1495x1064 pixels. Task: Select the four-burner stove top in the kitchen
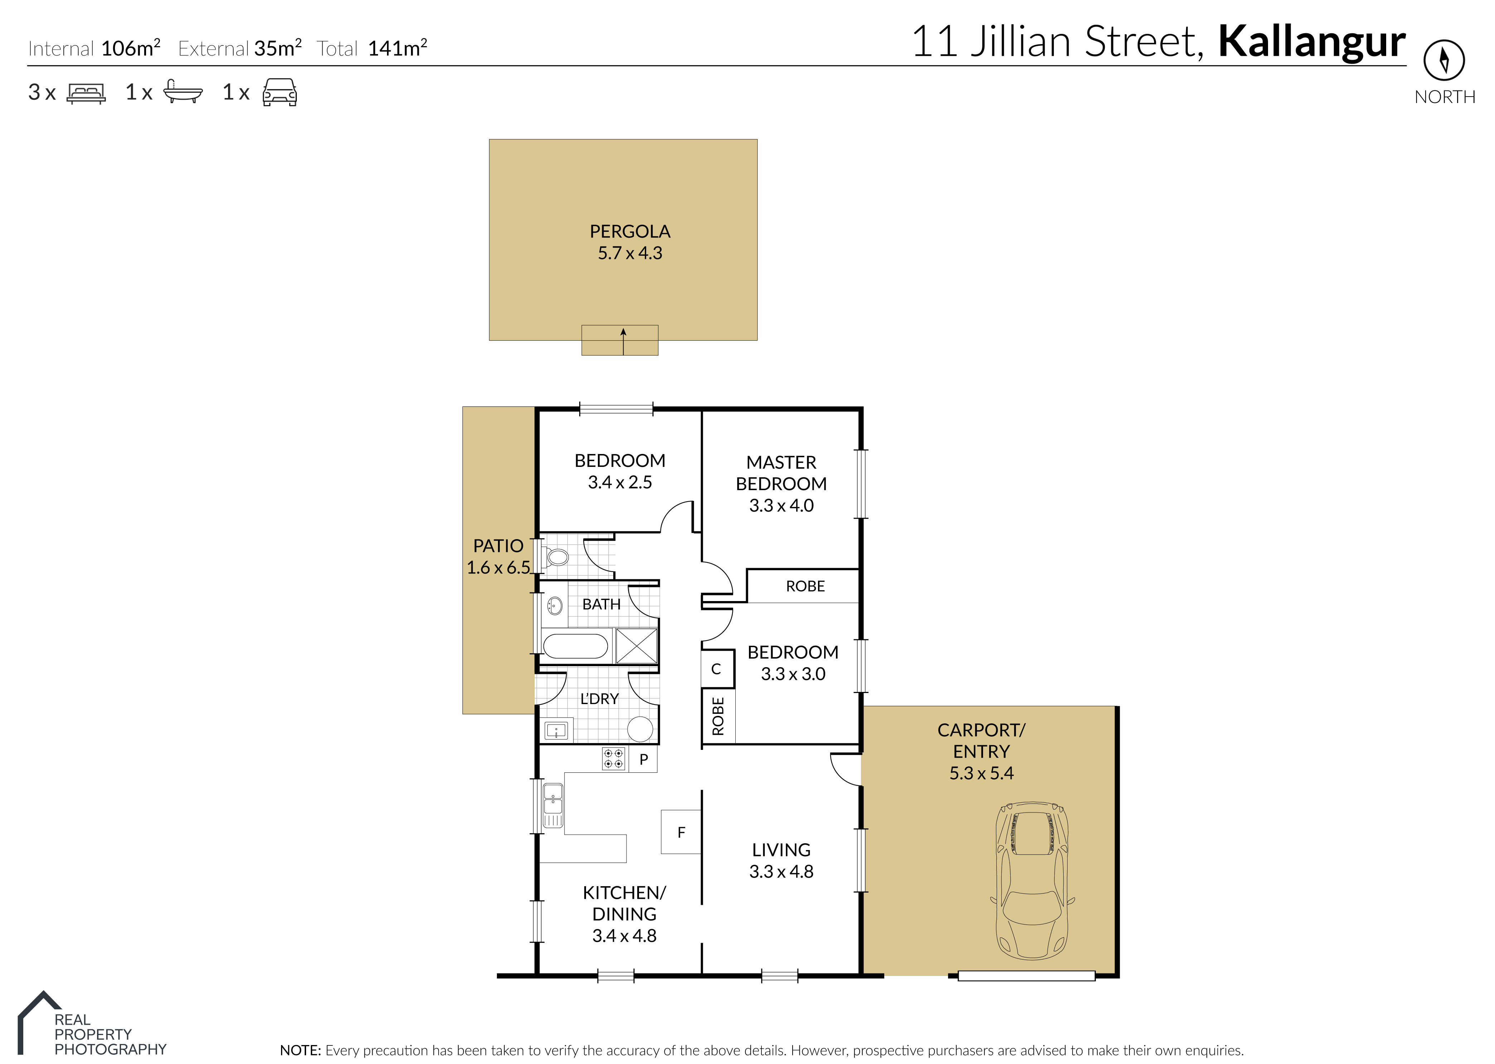(x=614, y=759)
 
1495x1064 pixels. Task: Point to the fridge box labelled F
(x=681, y=832)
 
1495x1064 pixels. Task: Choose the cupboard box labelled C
(x=716, y=669)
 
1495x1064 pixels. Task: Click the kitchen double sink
(x=552, y=805)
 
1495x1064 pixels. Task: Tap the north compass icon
(x=1444, y=60)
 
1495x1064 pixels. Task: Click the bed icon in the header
(x=86, y=93)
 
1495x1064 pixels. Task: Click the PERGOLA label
(x=630, y=231)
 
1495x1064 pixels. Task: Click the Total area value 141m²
(x=398, y=48)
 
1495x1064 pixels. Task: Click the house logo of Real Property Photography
(x=39, y=1022)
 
